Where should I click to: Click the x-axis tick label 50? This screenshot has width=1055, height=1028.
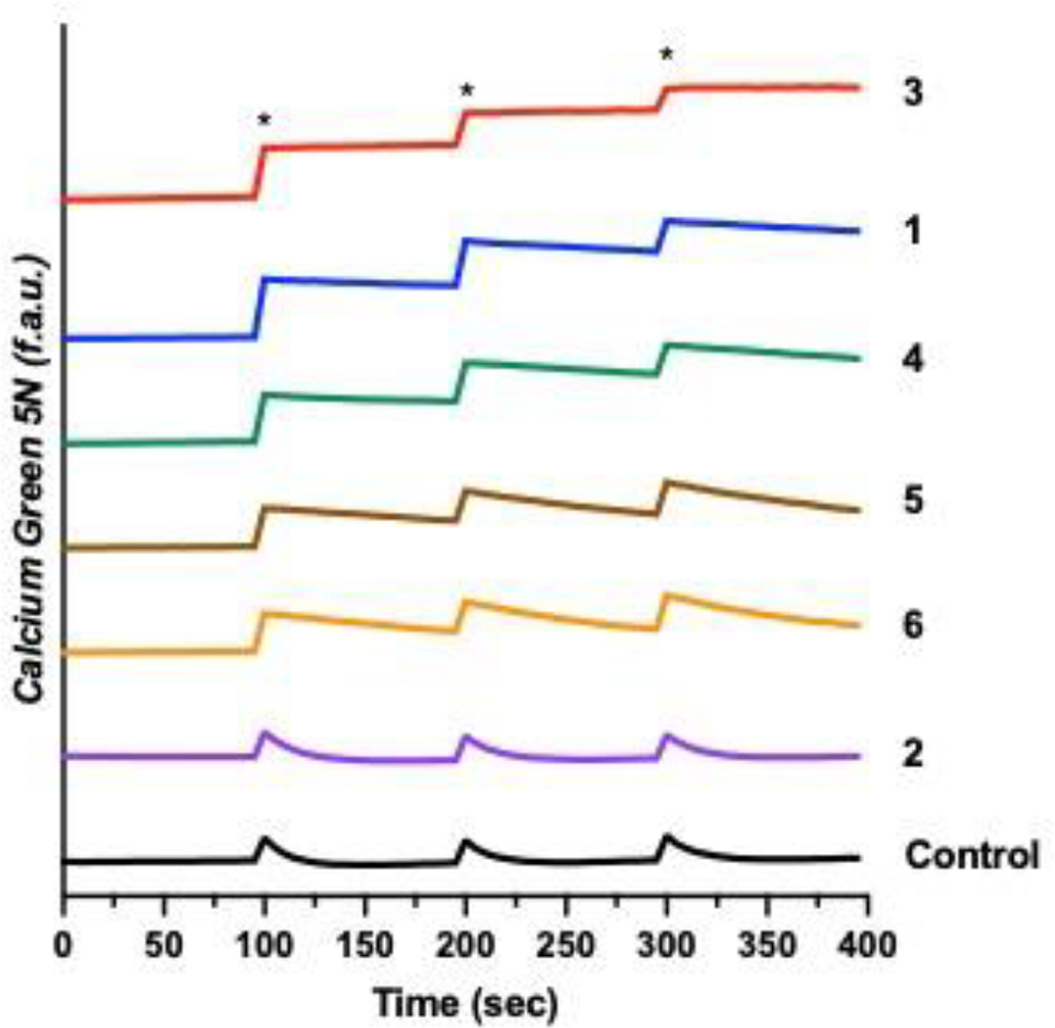164,945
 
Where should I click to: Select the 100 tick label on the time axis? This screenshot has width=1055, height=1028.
264,945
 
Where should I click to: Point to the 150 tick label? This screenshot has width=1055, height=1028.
365,945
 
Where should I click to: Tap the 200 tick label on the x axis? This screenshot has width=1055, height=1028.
466,945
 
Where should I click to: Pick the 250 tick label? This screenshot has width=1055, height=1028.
566,945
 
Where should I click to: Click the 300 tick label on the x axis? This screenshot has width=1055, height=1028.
667,945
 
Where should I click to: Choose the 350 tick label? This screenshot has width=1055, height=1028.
768,945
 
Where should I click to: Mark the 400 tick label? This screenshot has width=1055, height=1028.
868,945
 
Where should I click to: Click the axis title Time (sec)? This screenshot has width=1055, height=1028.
465,1002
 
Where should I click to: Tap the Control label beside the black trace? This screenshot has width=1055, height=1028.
972,855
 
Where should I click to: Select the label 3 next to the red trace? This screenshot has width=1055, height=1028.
913,91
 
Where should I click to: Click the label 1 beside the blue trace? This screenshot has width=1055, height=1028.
913,231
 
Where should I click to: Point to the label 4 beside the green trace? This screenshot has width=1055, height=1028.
913,358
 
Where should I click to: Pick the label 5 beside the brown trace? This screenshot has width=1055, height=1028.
913,502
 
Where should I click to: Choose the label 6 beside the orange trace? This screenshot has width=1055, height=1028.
913,626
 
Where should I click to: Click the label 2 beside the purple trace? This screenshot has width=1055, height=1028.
913,754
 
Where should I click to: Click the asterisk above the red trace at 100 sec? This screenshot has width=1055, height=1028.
264,119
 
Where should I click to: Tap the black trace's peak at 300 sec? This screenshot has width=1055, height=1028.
667,836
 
